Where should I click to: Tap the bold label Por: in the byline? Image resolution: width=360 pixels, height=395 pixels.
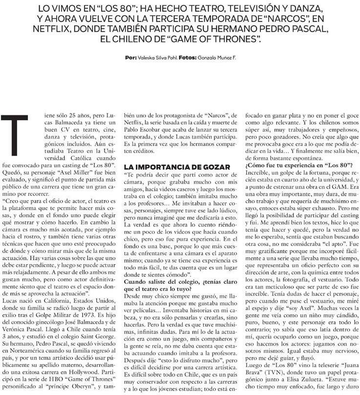130,58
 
